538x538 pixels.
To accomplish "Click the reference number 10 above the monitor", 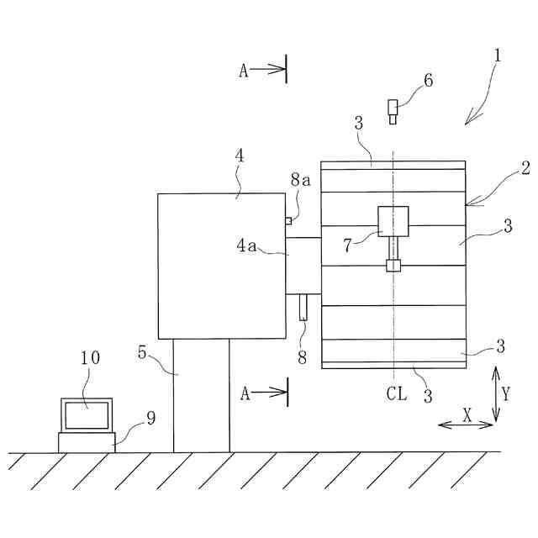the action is point(91,357).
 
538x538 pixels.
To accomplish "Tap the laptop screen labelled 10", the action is point(86,414).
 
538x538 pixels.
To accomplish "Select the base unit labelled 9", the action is point(86,442).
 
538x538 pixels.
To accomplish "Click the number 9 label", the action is point(150,418).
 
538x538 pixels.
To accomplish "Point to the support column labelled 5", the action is point(201,395).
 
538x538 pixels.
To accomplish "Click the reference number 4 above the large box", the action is point(240,157).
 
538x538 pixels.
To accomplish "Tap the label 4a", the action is point(246,245).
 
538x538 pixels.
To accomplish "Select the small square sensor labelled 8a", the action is point(288,221).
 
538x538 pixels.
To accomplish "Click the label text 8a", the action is point(301,180).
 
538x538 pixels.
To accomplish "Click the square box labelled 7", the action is point(393,221).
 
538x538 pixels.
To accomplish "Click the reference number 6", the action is point(428,81).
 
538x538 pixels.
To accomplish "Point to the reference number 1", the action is point(498,56).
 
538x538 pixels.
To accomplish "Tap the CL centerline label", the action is point(397,393).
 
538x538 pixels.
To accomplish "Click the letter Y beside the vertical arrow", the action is point(506,393).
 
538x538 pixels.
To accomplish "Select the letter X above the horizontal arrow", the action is point(467,414).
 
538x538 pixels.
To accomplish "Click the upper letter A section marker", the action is point(244,71).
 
